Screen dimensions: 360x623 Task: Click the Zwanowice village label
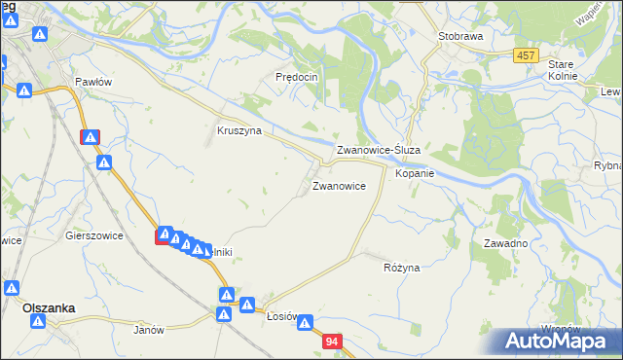pos(339,184)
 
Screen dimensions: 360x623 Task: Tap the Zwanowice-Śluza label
pos(378,151)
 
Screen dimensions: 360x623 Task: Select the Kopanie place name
pos(414,173)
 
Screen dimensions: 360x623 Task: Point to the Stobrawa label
pos(460,35)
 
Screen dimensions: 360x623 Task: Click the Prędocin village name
pos(297,76)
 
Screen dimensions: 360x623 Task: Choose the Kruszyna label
pos(238,130)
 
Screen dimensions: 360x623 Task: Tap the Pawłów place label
pos(94,82)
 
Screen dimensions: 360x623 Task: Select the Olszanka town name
pos(49,307)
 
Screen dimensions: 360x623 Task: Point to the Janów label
pos(149,330)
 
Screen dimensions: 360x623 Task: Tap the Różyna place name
pos(401,267)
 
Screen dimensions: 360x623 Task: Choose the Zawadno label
pos(505,243)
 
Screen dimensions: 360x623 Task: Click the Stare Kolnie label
pos(562,69)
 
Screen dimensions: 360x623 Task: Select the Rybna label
pos(607,165)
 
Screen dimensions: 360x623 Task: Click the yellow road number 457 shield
pos(526,56)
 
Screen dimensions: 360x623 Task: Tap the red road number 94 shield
pos(333,342)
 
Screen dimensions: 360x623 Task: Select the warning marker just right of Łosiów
pos(305,323)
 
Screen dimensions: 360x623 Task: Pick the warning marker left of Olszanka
pos(11,289)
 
